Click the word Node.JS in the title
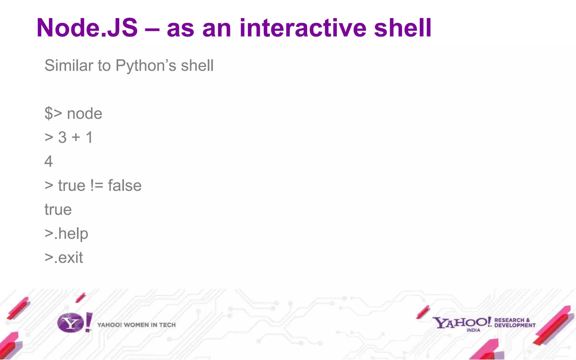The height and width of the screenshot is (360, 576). tap(87, 28)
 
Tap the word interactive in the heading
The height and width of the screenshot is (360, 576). tap(303, 28)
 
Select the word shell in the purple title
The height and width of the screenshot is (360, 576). tap(402, 28)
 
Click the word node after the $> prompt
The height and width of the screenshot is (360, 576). tap(84, 114)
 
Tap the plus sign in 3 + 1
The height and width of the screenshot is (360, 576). tap(76, 138)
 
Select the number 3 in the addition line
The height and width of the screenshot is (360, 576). tap(62, 138)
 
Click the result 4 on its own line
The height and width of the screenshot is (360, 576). tap(49, 161)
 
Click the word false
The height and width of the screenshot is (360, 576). tap(125, 186)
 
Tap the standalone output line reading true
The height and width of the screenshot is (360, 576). tap(58, 210)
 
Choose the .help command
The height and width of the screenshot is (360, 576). tap(71, 234)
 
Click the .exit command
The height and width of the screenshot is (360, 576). tap(68, 258)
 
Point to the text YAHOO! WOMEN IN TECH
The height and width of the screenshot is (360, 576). tap(136, 325)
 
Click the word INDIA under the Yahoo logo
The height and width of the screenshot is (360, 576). tap(473, 330)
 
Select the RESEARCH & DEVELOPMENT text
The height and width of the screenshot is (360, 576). tap(515, 323)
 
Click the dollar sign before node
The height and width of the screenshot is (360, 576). tap(49, 114)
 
